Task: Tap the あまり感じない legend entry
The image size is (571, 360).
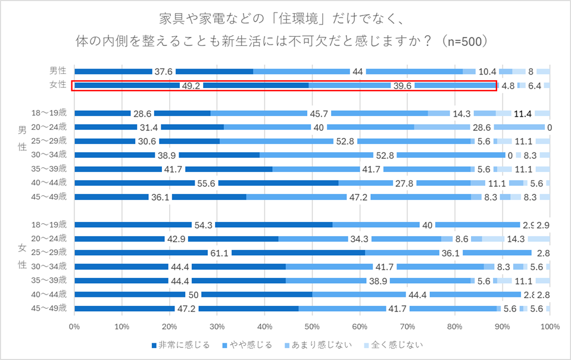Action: coord(322,345)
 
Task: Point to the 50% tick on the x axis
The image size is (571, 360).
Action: coord(312,326)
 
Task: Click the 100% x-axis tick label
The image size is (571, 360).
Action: coord(550,326)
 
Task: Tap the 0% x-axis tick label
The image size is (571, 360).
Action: coord(75,326)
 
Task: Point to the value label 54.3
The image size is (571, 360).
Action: coord(204,225)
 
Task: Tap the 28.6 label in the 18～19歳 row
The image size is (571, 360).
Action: coord(142,114)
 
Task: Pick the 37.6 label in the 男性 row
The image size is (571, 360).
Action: coord(164,72)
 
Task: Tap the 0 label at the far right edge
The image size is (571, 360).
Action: coord(550,127)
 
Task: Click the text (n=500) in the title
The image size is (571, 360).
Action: coord(461,41)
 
